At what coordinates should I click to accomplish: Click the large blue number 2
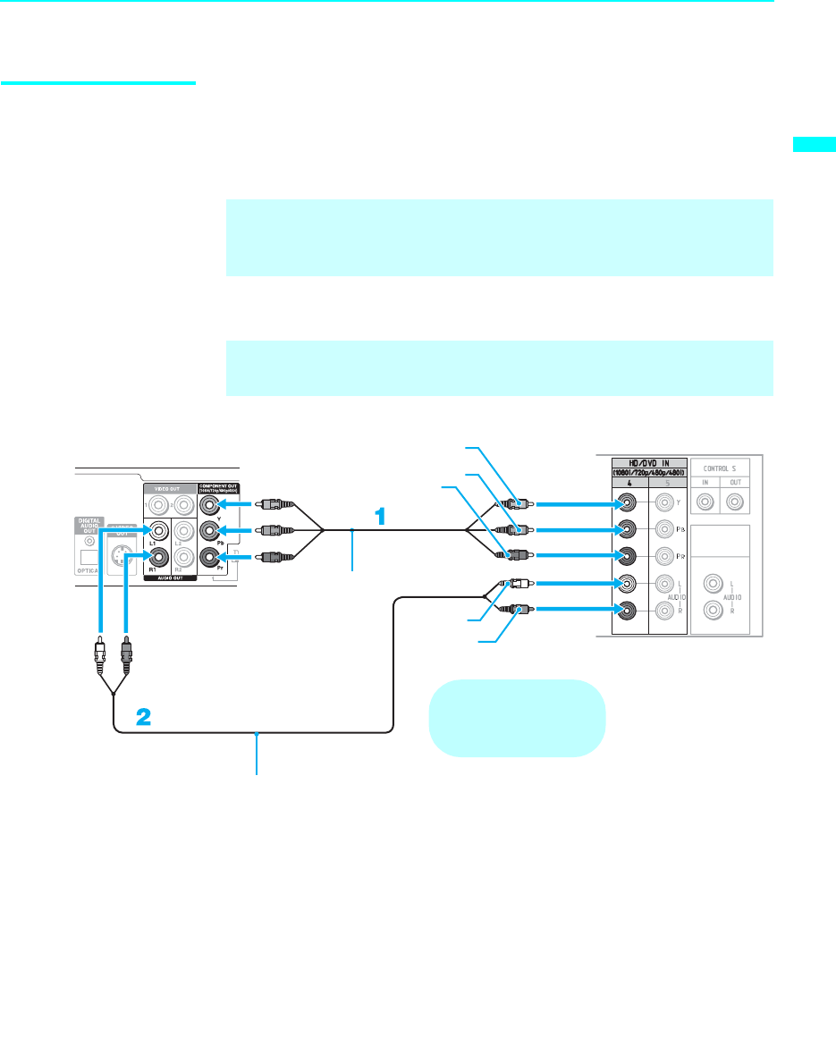tap(148, 716)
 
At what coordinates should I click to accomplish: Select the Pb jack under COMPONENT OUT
tap(210, 530)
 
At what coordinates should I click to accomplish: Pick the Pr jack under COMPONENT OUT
tap(210, 558)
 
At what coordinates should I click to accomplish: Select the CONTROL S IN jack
tap(706, 502)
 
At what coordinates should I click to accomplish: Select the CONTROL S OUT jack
tap(735, 502)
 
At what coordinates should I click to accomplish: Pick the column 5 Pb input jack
tap(663, 530)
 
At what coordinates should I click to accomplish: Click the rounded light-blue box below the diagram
tap(517, 718)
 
